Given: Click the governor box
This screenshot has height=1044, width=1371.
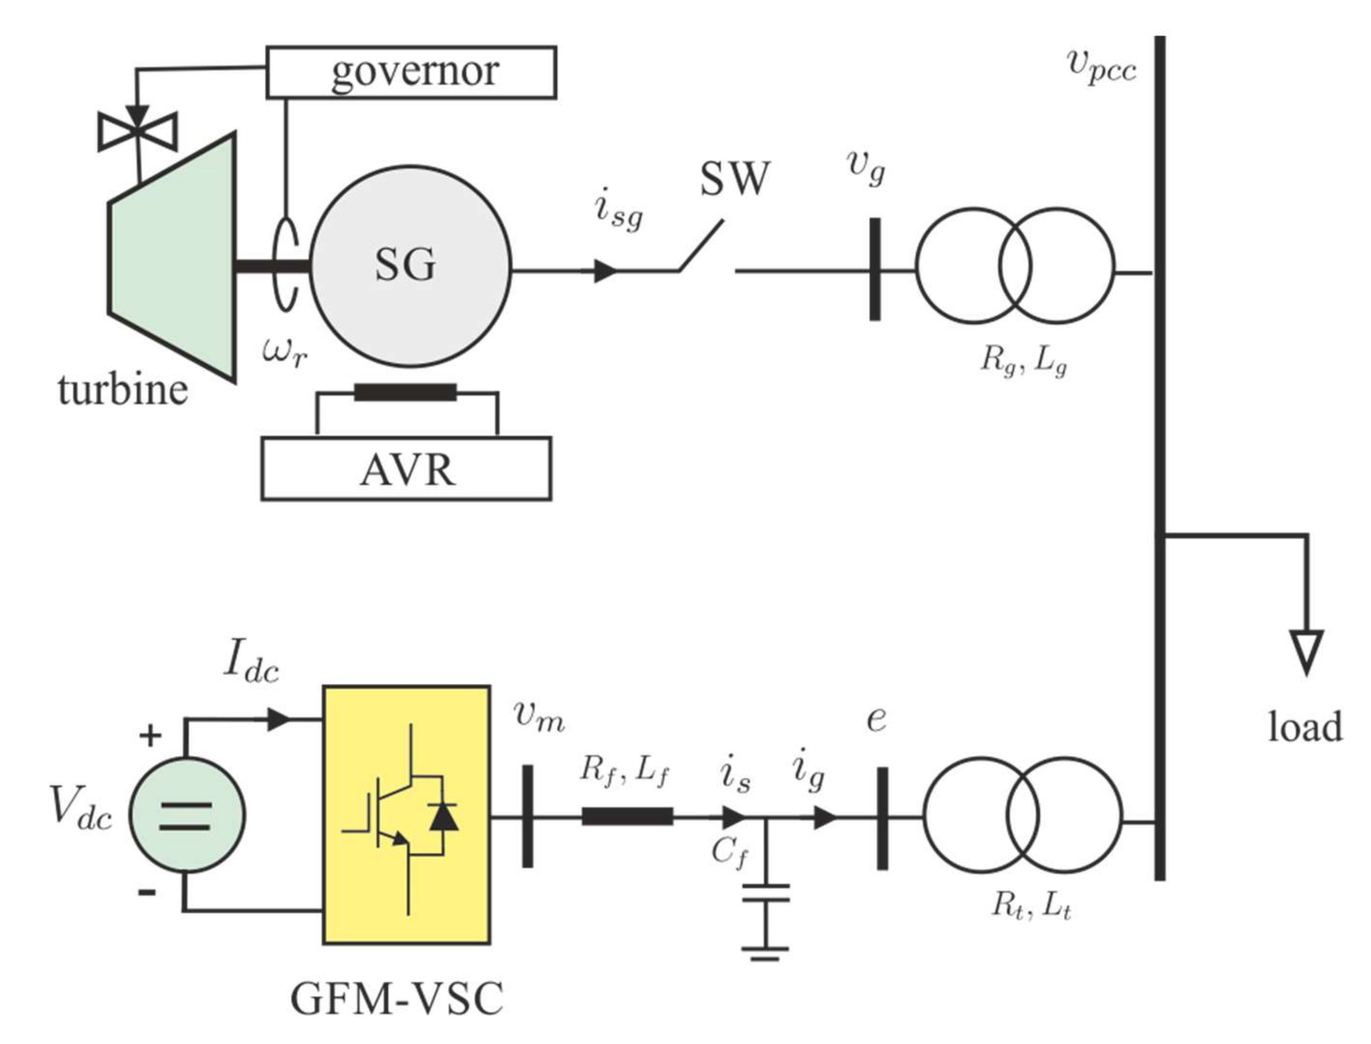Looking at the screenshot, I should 411,72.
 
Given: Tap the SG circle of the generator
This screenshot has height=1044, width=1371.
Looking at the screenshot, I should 410,266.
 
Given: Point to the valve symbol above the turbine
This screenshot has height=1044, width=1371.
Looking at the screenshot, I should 138,131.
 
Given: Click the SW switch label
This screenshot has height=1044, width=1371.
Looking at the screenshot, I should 734,179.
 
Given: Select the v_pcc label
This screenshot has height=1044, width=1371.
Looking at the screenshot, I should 1101,66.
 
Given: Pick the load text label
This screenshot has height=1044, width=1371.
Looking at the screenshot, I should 1305,728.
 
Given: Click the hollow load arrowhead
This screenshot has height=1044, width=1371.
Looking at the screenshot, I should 1306,651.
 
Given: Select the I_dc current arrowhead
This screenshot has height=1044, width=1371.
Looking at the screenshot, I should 278,720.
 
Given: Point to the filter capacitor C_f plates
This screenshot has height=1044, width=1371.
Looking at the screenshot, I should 766,893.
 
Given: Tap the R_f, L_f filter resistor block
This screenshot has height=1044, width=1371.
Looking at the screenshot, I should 627,816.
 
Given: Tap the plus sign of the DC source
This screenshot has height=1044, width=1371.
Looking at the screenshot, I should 150,737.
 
